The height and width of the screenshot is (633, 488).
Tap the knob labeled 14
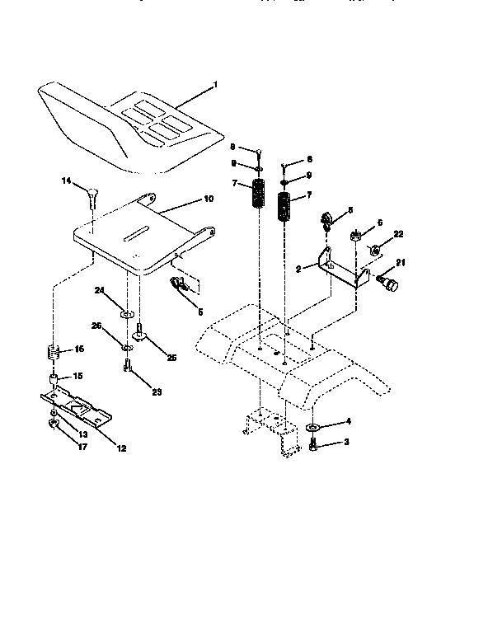click(x=92, y=196)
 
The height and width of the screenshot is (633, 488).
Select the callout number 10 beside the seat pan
click(x=208, y=199)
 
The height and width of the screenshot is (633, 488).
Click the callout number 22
click(x=399, y=235)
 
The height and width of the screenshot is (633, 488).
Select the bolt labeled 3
click(x=315, y=446)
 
